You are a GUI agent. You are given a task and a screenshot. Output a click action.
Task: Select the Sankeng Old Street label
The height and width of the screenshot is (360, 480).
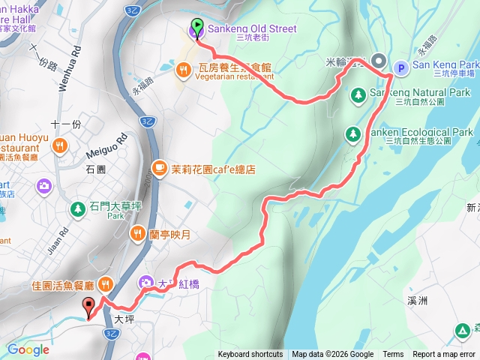(250, 28)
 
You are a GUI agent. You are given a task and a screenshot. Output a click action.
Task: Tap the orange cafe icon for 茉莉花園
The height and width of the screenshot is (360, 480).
(159, 168)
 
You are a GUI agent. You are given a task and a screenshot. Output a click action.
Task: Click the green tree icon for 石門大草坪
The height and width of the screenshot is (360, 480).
(76, 208)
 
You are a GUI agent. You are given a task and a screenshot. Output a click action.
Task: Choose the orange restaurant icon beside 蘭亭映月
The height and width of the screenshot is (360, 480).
(136, 233)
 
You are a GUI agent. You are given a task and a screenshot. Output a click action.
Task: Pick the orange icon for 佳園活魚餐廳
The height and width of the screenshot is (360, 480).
(104, 284)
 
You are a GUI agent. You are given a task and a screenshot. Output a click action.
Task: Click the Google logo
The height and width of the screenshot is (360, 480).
(28, 349)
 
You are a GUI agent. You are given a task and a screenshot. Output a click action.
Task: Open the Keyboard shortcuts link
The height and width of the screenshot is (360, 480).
(250, 355)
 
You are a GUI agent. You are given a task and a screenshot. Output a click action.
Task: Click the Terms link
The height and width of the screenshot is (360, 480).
(393, 355)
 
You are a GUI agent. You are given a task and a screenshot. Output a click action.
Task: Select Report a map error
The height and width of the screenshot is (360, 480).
(444, 355)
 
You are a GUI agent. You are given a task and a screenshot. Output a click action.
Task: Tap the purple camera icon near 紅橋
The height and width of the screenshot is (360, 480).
(145, 283)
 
